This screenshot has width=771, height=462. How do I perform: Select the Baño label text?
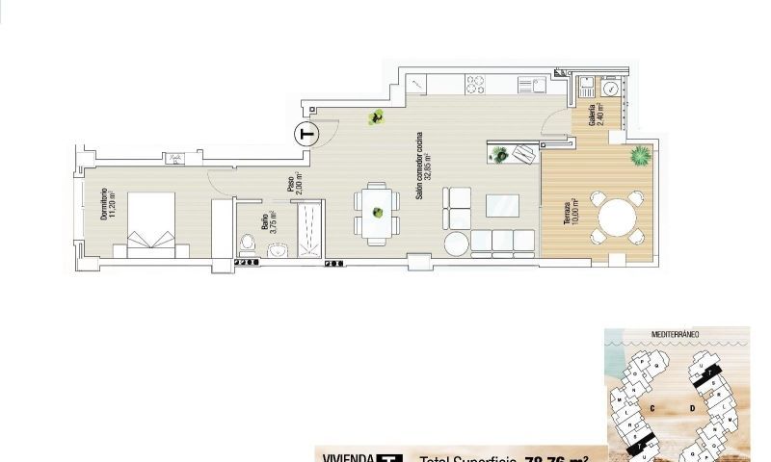273,223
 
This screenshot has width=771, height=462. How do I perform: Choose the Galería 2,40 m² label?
596,115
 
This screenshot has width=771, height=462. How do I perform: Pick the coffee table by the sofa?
502,206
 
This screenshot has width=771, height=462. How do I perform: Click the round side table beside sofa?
456,243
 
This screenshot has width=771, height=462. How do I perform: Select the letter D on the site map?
692,407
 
